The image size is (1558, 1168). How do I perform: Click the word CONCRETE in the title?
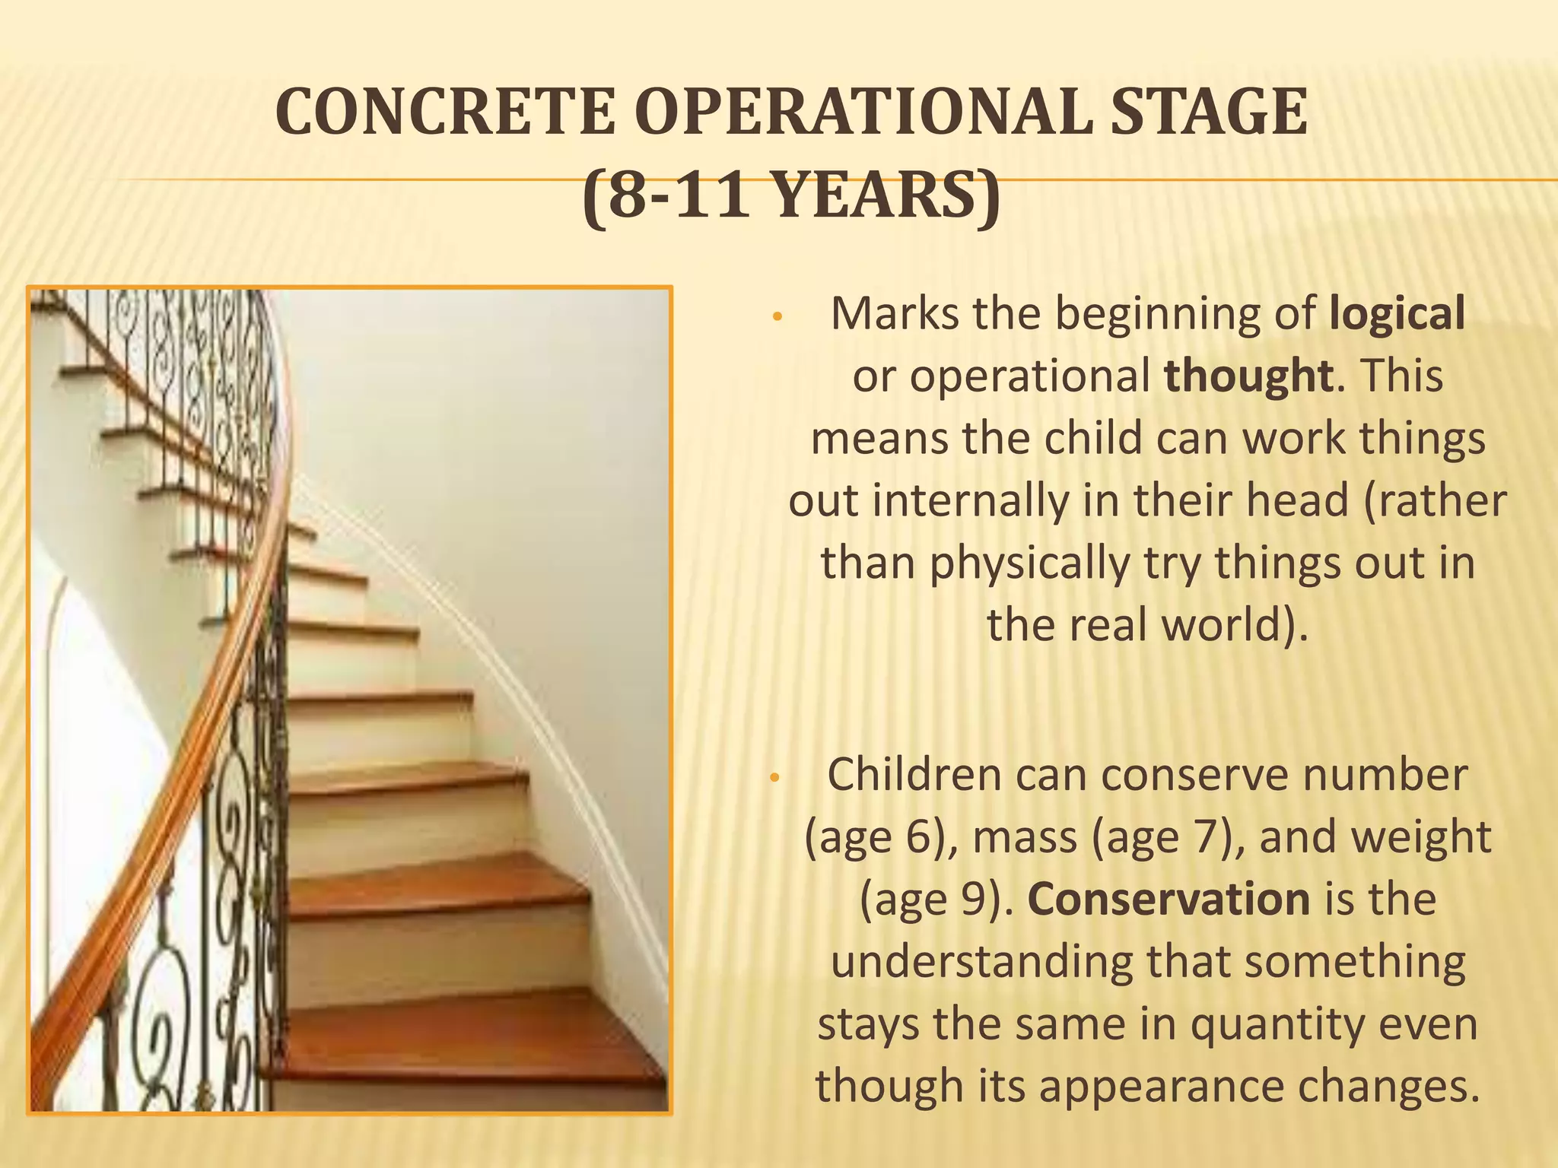445,113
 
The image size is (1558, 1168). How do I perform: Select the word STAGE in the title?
1208,113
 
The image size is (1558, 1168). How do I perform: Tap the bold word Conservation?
1168,900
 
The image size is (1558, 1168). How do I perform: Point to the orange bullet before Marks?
777,317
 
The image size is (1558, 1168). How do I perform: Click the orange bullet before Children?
774,778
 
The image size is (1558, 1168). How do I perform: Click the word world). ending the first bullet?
1234,626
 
